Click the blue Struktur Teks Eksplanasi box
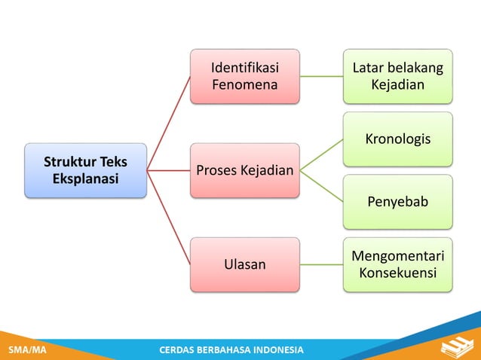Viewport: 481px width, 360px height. pos(85,171)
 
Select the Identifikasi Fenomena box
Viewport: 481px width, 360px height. pos(244,76)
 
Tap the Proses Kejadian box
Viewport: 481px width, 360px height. pos(244,170)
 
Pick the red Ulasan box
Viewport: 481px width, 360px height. pos(244,264)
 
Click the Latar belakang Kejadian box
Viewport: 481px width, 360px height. pos(398,76)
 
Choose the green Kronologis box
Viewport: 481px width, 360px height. pos(398,139)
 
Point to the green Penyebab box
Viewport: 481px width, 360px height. pos(398,202)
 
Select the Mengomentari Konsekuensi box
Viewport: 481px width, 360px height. pos(398,264)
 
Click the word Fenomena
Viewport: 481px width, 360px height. pos(244,84)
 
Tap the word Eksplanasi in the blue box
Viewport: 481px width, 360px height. pos(85,180)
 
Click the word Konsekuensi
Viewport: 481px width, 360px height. pos(398,273)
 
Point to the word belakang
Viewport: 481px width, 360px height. pos(416,69)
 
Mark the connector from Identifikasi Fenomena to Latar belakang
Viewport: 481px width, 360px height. pos(321,76)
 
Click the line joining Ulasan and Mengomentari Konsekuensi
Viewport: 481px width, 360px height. pos(321,264)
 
